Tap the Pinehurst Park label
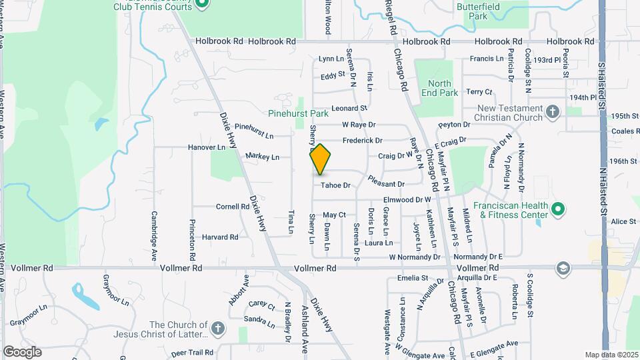pos(299,113)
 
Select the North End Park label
pos(440,88)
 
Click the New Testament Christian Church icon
pos(552,111)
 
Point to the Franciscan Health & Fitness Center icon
pos(559,210)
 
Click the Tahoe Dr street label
pos(335,185)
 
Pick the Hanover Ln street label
pos(207,147)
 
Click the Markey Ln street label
pos(262,157)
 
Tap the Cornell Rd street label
pos(233,207)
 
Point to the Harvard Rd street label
pos(220,237)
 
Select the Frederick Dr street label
pos(363,141)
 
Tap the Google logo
pos(22,351)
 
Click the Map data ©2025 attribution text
pos(611,355)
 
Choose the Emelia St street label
pos(412,277)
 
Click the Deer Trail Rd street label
pos(192,352)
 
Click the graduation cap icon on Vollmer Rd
pos(563,268)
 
